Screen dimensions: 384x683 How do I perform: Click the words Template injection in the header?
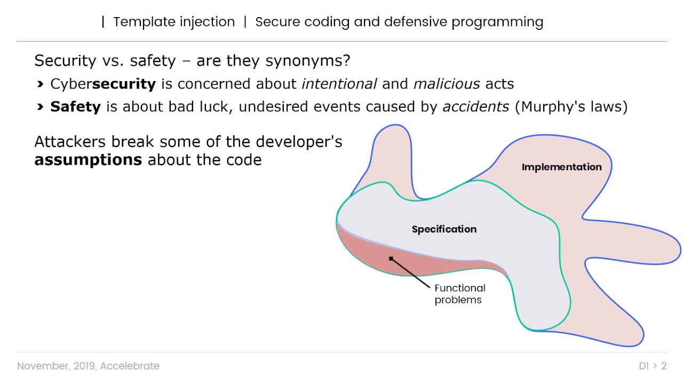174,22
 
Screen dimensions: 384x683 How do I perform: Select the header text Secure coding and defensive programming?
399,22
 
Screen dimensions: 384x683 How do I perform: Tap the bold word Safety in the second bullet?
75,107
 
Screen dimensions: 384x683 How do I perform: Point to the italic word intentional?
339,84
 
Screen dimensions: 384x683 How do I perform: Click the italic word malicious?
439,84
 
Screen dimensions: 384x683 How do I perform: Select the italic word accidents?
476,107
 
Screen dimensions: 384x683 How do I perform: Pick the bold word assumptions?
88,160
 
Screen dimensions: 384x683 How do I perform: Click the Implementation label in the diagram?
561,167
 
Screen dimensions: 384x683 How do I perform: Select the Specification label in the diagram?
444,229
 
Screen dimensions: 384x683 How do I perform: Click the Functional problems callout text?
459,294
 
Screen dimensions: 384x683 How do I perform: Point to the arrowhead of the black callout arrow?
391,259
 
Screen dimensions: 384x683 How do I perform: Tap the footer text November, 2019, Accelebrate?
88,366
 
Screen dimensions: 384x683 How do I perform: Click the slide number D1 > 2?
653,366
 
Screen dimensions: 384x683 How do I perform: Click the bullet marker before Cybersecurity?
41,84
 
